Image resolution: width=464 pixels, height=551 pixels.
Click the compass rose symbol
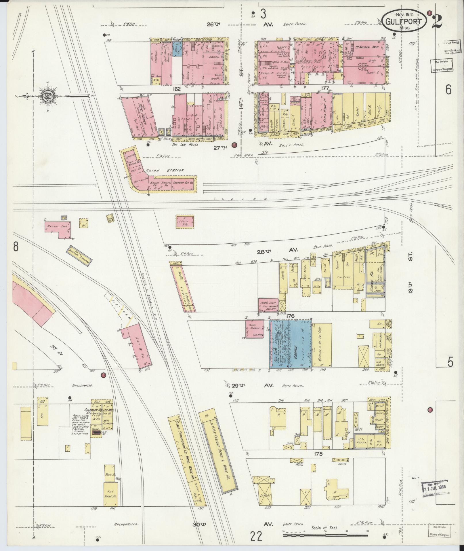[x=48, y=96]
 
